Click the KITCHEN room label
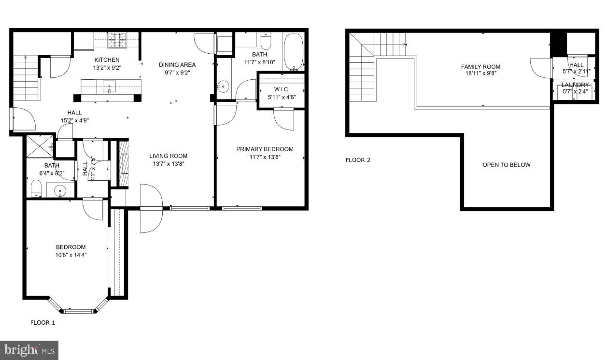coord(107,60)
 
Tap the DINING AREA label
coord(177,65)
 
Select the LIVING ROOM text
coord(168,156)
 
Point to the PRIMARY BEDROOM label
coord(265,149)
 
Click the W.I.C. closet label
coord(282,89)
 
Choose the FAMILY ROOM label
coord(480,67)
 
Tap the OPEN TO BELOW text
coord(507,165)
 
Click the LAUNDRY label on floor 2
coord(575,85)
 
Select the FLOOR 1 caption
coord(43,323)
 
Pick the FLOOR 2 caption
coord(358,160)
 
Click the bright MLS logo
coord(29,350)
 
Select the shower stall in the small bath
coord(39,145)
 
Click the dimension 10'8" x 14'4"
coord(71,255)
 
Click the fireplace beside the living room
coord(124,163)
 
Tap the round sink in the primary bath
coord(223,87)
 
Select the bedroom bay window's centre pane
coord(78,311)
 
